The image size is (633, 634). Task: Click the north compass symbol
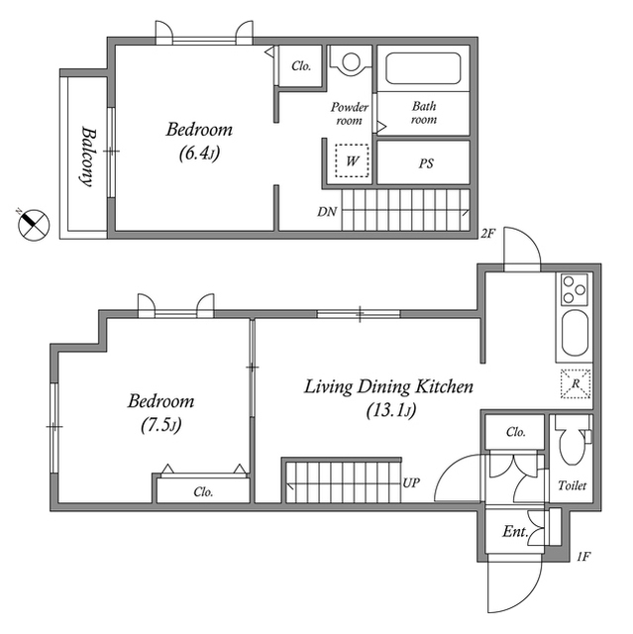click(34, 225)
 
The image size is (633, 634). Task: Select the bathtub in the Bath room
click(423, 68)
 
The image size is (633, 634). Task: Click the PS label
click(426, 163)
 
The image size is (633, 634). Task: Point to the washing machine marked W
click(352, 160)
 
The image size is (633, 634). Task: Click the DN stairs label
click(327, 211)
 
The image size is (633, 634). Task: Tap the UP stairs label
click(411, 482)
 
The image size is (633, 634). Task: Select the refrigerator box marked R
click(576, 383)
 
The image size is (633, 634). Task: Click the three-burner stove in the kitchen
click(575, 289)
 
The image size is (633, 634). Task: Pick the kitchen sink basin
click(575, 333)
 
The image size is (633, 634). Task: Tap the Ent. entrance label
click(515, 531)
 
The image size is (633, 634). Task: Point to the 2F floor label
click(487, 234)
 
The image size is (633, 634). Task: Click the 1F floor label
click(583, 557)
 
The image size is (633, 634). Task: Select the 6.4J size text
click(199, 154)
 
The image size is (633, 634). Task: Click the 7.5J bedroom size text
click(160, 425)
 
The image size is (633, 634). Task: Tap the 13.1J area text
click(391, 411)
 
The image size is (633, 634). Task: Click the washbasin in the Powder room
click(351, 61)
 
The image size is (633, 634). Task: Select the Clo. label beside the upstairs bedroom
click(301, 66)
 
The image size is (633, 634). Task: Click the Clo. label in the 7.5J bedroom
click(203, 491)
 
